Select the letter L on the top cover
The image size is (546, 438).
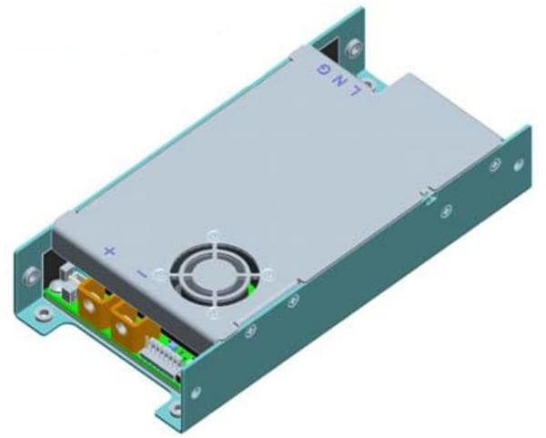point(355,90)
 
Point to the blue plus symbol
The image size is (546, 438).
point(110,251)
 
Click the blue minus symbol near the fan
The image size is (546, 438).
point(141,273)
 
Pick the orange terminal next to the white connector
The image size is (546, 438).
point(130,326)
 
